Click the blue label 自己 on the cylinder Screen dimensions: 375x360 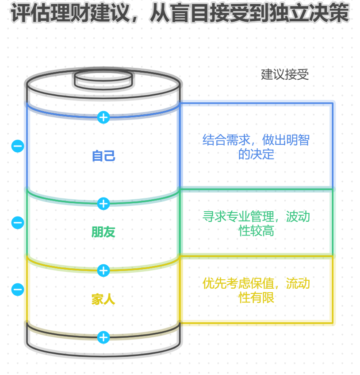click(x=103, y=156)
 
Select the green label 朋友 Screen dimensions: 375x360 click(x=103, y=232)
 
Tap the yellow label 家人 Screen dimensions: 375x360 click(x=103, y=299)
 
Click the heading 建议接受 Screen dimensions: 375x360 click(x=285, y=74)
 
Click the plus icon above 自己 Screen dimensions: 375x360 click(x=103, y=117)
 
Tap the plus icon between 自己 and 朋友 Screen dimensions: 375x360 click(x=103, y=204)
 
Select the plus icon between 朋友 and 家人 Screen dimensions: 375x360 click(x=103, y=271)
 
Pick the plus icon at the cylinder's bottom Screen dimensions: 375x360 click(x=103, y=337)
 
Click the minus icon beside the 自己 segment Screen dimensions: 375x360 click(x=18, y=146)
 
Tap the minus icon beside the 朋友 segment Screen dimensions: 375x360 click(x=18, y=223)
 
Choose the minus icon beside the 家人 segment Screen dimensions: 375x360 click(x=18, y=290)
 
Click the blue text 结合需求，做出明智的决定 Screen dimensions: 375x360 click(x=256, y=147)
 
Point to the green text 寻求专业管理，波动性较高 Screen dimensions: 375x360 click(x=256, y=224)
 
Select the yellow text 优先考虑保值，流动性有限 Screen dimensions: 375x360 click(x=256, y=290)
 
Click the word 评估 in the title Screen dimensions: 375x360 click(x=28, y=13)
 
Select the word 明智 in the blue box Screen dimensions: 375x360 click(x=297, y=140)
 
